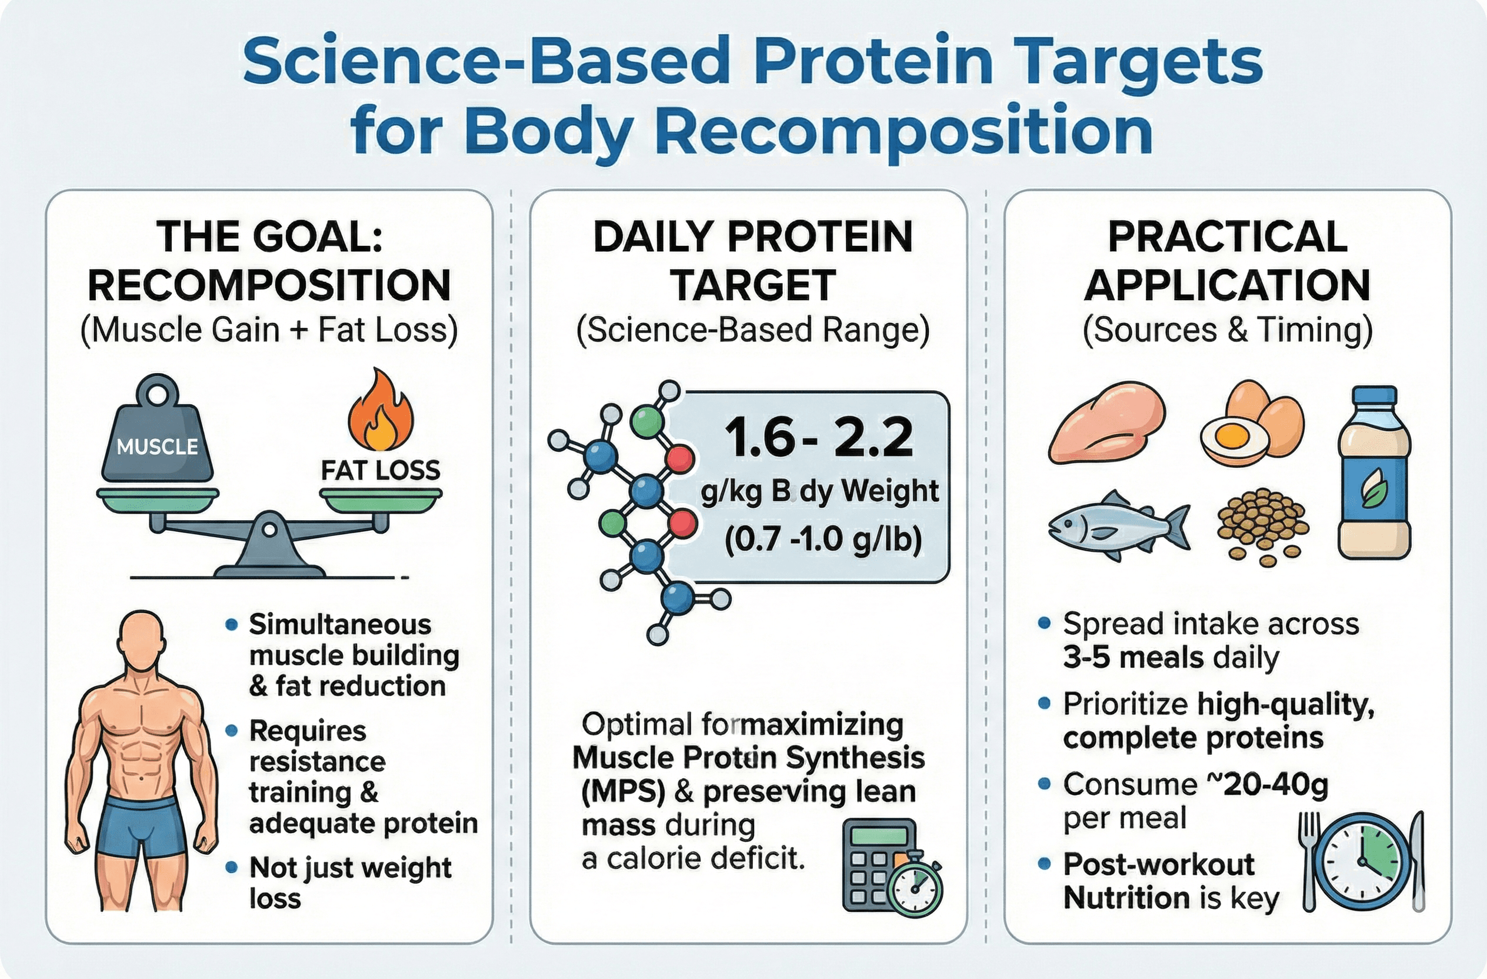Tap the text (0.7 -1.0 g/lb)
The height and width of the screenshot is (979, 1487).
(823, 539)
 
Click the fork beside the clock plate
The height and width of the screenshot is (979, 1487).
(1309, 859)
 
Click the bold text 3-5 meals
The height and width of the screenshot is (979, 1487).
(1133, 658)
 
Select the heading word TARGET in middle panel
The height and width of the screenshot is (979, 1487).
(753, 285)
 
